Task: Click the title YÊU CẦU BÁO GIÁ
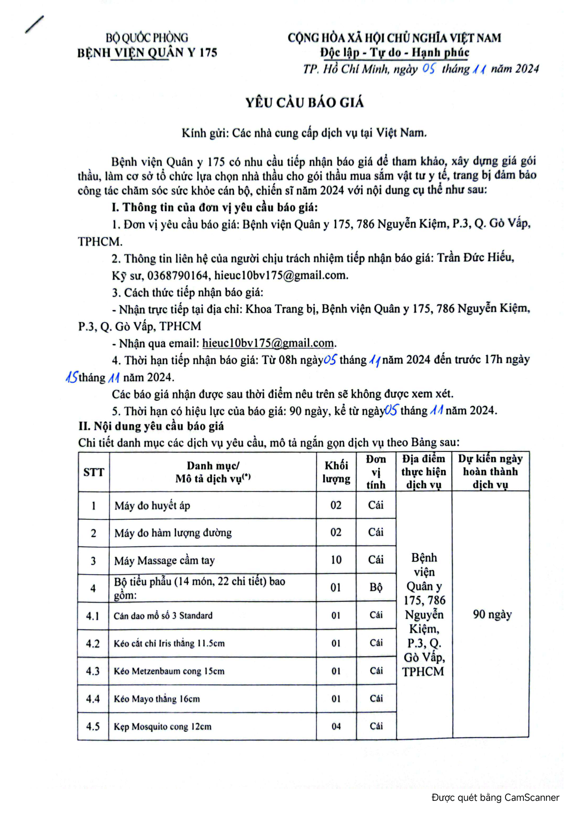(305, 103)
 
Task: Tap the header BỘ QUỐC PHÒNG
(147, 38)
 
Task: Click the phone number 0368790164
(177, 275)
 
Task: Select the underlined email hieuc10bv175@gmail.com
(268, 343)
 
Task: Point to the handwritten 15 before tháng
(72, 377)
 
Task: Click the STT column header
(94, 472)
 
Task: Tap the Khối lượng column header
(336, 472)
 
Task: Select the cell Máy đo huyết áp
(152, 505)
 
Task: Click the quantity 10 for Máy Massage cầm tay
(336, 560)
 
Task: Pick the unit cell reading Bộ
(376, 587)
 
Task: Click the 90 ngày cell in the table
(492, 614)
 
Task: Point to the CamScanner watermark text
(495, 797)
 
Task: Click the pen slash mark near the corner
(34, 24)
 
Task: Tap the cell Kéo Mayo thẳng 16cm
(157, 699)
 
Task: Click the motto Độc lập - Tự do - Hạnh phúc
(395, 53)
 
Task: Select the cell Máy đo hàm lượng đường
(173, 532)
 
